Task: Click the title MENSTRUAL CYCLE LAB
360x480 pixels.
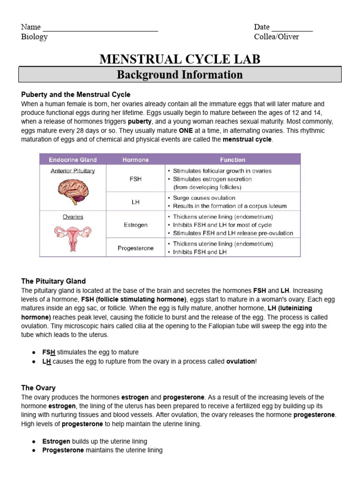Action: pos(180,59)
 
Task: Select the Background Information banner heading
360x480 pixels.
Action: pos(180,75)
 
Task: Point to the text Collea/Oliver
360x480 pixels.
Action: pos(276,37)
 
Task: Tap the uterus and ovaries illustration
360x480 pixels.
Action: pos(73,236)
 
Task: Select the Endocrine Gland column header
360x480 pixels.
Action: pos(73,160)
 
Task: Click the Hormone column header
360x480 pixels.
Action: pos(135,160)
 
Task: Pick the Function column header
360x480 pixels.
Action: pos(232,160)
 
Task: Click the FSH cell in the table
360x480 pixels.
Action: pos(135,179)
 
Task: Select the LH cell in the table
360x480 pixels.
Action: pos(135,202)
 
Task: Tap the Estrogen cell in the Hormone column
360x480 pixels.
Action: pos(135,225)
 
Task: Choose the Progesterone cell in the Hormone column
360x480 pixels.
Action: pos(135,248)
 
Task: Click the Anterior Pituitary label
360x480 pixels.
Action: pos(73,171)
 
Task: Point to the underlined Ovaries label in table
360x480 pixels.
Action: pos(73,217)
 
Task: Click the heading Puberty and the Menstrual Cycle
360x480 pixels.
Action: pos(76,95)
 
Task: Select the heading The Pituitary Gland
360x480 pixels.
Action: pos(53,281)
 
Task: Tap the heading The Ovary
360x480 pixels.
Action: pos(38,388)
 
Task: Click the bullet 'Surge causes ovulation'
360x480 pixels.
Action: pos(204,198)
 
